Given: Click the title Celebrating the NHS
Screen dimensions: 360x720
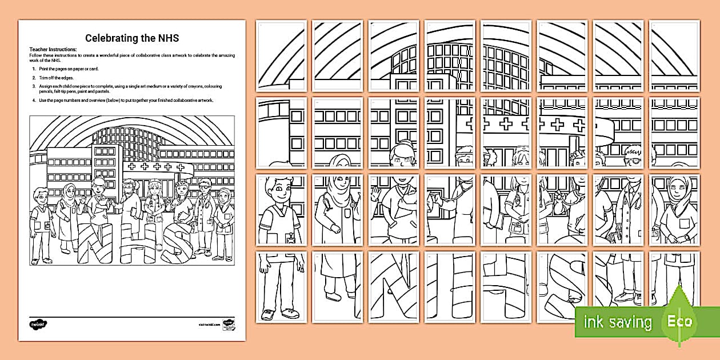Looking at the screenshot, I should click(x=131, y=38).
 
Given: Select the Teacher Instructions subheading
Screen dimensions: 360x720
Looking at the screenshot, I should click(x=53, y=50).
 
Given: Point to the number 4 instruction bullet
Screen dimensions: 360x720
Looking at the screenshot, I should click(x=34, y=100).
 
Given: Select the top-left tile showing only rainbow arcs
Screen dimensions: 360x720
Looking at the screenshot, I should click(x=281, y=55).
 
